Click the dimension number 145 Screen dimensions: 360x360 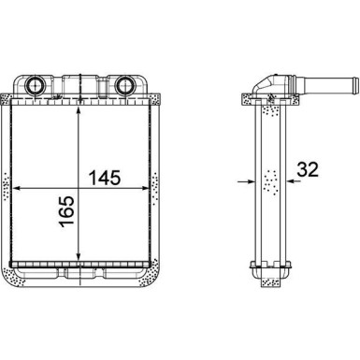tap(105, 178)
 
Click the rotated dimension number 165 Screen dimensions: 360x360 tap(67, 211)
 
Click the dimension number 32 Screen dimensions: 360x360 tap(308, 169)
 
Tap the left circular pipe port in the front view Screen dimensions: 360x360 tap(34, 84)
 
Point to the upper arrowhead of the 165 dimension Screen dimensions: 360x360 tap(79, 110)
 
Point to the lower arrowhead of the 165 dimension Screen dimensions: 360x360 tap(79, 256)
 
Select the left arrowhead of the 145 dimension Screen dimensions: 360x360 tap(16, 188)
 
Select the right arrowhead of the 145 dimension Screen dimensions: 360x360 tap(144, 188)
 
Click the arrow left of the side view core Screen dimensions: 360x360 tap(246, 180)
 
